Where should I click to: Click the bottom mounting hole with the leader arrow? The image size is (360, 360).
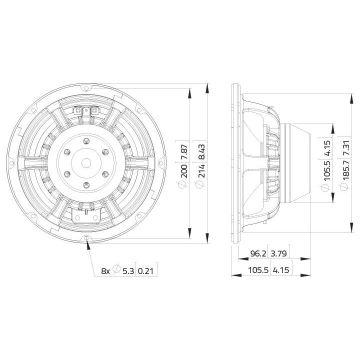[87, 237]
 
